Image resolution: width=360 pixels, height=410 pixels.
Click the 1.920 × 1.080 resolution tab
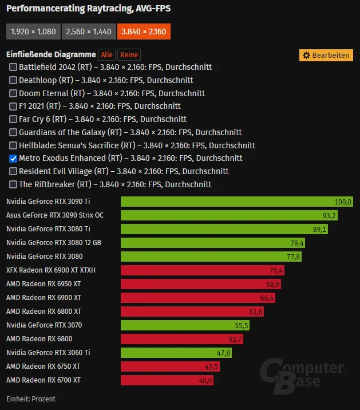pyautogui.click(x=33, y=31)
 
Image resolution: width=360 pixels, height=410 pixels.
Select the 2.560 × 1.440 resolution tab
pyautogui.click(x=89, y=31)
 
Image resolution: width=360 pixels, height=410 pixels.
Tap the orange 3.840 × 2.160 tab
pyautogui.click(x=144, y=31)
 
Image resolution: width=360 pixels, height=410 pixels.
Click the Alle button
pyautogui.click(x=106, y=54)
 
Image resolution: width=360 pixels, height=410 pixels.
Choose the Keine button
pyautogui.click(x=129, y=54)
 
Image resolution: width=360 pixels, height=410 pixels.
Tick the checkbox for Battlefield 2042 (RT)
pyautogui.click(x=13, y=67)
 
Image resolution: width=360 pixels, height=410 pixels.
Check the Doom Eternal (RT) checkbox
pyautogui.click(x=13, y=93)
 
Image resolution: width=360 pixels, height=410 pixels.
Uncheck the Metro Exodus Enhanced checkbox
pyautogui.click(x=13, y=159)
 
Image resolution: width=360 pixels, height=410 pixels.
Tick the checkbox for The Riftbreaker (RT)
pyautogui.click(x=13, y=184)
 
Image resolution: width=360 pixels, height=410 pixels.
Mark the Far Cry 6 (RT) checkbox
pyautogui.click(x=13, y=119)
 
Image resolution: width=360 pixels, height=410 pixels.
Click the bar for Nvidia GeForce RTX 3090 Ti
pyautogui.click(x=237, y=202)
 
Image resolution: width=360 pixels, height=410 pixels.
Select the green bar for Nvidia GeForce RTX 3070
pyautogui.click(x=185, y=325)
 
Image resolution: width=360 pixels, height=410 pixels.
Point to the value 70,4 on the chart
pyautogui.click(x=276, y=270)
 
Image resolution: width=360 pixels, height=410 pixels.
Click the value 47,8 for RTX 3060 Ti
pyautogui.click(x=224, y=353)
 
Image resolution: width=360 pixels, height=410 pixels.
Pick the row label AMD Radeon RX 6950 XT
pyautogui.click(x=43, y=284)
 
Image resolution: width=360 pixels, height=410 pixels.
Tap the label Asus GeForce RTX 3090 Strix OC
pyautogui.click(x=55, y=215)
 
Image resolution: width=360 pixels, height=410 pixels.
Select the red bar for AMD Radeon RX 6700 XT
pyautogui.click(x=167, y=380)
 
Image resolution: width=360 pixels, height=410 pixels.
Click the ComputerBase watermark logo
pyautogui.click(x=302, y=376)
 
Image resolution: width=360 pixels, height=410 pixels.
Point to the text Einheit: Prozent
pyautogui.click(x=31, y=399)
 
